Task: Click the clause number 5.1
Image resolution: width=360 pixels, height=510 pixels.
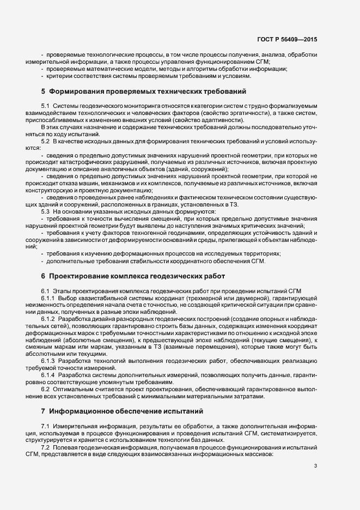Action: click(x=46, y=105)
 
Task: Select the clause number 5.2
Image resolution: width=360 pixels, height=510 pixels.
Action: click(x=46, y=142)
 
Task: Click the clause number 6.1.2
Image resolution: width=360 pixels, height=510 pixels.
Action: click(x=48, y=318)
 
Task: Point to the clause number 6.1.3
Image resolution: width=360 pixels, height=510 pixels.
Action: click(x=48, y=361)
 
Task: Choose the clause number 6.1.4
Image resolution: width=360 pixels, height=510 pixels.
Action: click(x=48, y=375)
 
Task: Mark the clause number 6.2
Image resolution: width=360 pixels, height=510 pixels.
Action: click(x=46, y=389)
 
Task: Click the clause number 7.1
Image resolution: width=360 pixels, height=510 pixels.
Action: click(x=46, y=424)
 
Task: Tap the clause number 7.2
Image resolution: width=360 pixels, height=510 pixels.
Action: click(x=46, y=446)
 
